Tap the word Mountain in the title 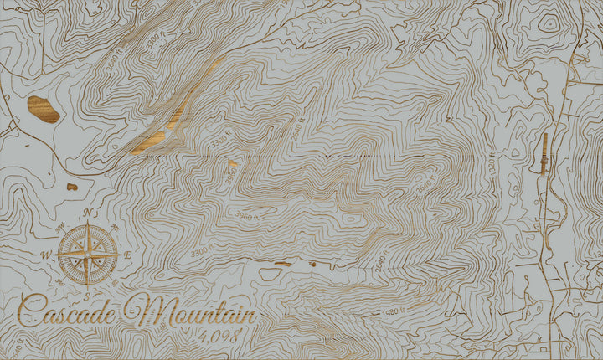tap(190, 312)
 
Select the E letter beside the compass tap(127, 254)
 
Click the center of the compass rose tap(87, 253)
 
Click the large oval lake tap(43, 109)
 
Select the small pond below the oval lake tap(72, 187)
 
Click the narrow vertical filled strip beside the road tap(544, 154)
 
